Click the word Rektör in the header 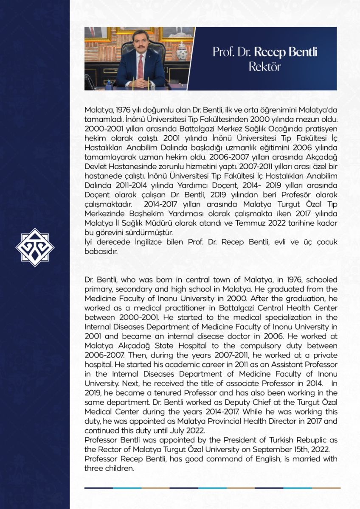tap(265, 67)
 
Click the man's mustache tap(135, 51)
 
